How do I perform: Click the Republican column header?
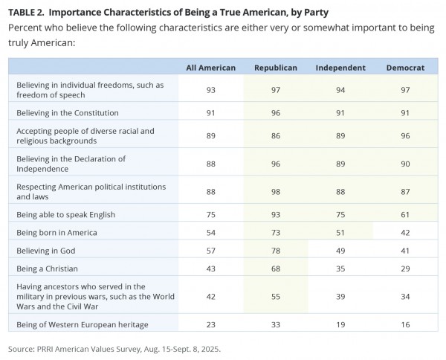tap(276, 68)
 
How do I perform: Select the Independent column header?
tap(340, 68)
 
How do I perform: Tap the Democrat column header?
tap(405, 68)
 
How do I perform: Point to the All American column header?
tap(211, 68)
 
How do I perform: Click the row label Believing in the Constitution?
tap(68, 113)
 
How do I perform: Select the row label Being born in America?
tap(56, 233)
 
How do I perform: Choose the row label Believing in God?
tap(46, 251)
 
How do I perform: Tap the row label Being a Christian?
tap(47, 269)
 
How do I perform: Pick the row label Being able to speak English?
tap(65, 214)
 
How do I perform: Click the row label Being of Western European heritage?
tap(83, 325)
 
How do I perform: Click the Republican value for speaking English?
tap(276, 214)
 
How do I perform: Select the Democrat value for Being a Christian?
tap(405, 269)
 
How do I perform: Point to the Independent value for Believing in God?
tap(340, 251)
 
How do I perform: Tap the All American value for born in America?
tap(211, 233)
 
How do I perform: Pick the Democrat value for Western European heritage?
tap(405, 325)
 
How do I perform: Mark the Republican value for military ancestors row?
tap(276, 297)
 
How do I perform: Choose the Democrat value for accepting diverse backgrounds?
tap(405, 136)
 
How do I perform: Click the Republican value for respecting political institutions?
tap(276, 192)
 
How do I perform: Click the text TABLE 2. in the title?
tap(26, 13)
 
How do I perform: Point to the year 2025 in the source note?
tap(211, 349)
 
